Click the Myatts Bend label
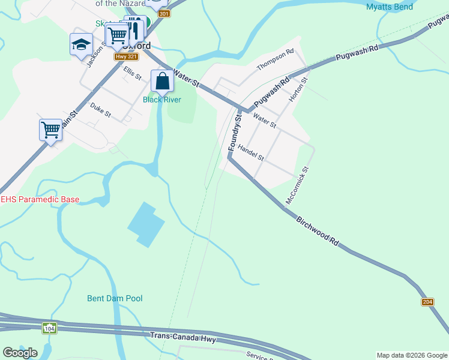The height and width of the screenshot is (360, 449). click(x=390, y=7)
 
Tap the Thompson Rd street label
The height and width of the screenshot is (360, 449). click(x=276, y=60)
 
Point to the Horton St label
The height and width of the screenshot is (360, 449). click(x=298, y=88)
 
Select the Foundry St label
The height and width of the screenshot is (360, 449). click(x=234, y=133)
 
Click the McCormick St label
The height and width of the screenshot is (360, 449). click(x=298, y=185)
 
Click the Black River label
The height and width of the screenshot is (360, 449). click(x=161, y=100)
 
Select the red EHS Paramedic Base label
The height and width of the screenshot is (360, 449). click(x=40, y=199)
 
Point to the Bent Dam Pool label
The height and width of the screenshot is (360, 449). click(x=115, y=298)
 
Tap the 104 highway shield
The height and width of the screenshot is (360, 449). click(x=49, y=329)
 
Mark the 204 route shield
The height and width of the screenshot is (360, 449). click(x=427, y=302)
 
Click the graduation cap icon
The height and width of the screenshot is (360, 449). click(x=81, y=44)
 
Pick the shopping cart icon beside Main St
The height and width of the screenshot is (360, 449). click(x=50, y=129)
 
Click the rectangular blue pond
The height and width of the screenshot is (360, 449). click(x=146, y=224)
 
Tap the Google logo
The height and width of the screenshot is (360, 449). click(x=20, y=353)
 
